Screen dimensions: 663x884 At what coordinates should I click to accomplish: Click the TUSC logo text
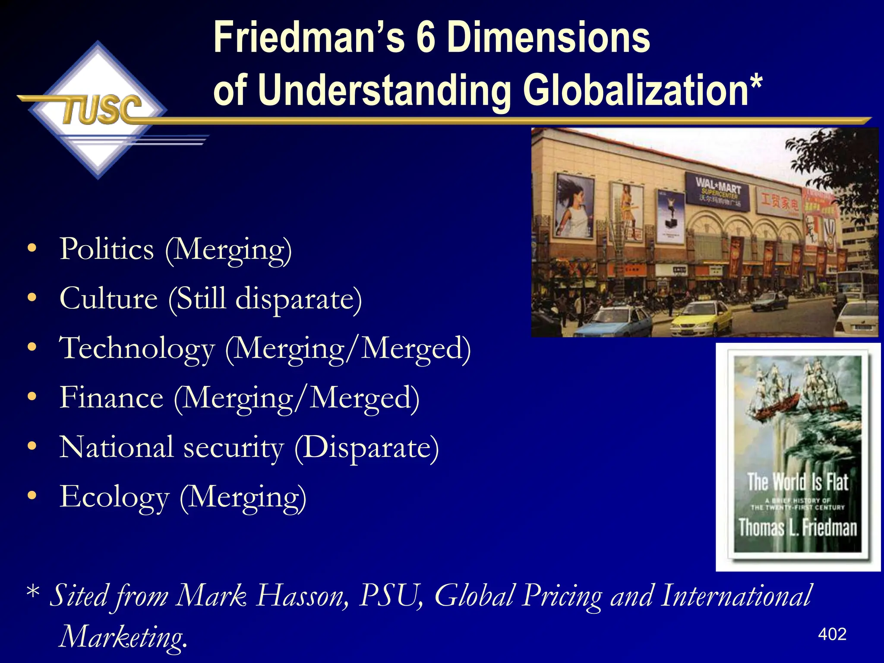(x=102, y=110)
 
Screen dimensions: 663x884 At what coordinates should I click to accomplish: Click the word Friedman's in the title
(x=309, y=38)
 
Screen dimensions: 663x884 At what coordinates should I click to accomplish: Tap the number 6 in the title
(x=426, y=38)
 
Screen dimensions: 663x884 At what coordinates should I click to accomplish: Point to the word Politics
(x=107, y=249)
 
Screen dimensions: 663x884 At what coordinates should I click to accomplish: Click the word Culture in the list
(x=109, y=299)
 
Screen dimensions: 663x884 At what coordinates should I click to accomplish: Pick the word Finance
(x=111, y=398)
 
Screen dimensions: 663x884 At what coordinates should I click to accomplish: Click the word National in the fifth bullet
(x=117, y=447)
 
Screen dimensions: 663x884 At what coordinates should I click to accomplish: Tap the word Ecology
(x=114, y=497)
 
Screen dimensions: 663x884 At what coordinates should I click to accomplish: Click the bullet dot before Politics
(x=32, y=249)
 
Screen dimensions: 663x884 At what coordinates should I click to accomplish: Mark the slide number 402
(x=832, y=634)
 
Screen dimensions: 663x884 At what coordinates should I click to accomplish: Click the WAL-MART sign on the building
(x=718, y=189)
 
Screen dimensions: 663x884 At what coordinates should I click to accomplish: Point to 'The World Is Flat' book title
(x=798, y=482)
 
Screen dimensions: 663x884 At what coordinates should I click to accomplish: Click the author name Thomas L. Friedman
(x=798, y=527)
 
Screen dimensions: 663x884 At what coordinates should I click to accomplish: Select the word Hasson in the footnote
(x=302, y=596)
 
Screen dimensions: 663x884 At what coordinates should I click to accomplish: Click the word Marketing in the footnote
(x=123, y=637)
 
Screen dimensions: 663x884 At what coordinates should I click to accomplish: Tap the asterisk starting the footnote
(x=33, y=592)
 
